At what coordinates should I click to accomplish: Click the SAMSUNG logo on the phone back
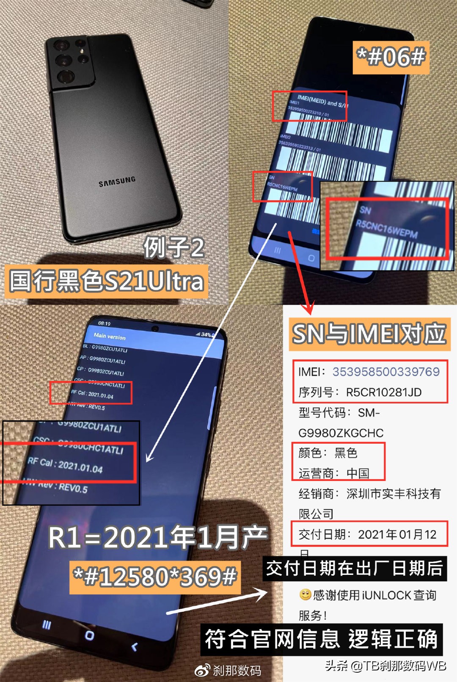117,181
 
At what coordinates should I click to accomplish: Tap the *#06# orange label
391,57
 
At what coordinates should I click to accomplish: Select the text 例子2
174,247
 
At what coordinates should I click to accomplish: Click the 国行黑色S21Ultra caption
107,281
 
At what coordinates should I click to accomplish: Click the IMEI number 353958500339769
386,372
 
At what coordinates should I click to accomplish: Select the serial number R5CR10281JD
384,392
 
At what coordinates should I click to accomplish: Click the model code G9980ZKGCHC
341,433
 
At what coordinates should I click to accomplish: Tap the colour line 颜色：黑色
328,453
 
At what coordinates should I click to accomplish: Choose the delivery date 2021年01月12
397,535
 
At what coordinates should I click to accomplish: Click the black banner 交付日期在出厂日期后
355,569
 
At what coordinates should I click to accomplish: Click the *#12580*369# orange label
155,577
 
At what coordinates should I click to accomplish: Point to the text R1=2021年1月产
157,538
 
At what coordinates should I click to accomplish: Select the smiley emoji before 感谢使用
306,595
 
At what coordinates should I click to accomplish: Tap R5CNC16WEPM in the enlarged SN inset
386,229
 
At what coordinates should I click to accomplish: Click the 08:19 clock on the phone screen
104,323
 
